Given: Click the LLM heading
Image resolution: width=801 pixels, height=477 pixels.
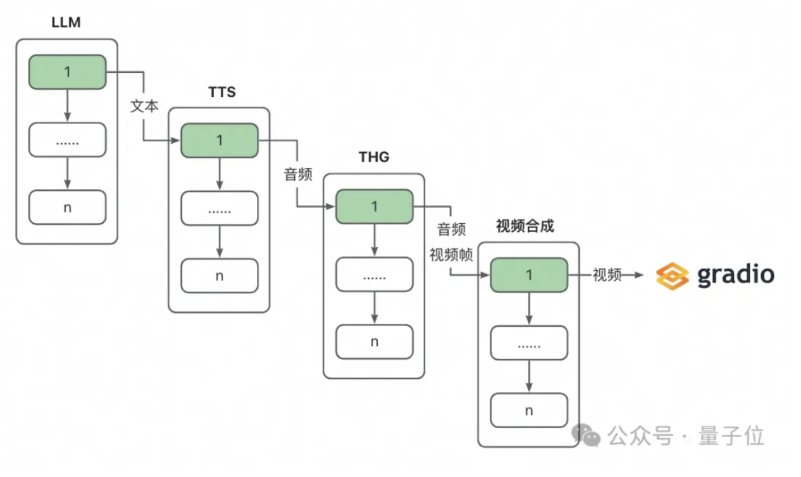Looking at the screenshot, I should tap(67, 24).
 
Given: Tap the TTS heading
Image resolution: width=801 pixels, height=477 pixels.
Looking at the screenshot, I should tap(222, 92).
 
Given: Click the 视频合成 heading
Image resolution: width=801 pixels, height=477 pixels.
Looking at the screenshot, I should tap(525, 226).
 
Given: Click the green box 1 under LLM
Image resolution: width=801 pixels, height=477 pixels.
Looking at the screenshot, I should tap(67, 72).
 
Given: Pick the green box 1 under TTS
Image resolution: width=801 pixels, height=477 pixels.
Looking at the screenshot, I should tap(220, 140).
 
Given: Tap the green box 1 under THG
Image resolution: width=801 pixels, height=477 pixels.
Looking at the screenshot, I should tap(374, 207).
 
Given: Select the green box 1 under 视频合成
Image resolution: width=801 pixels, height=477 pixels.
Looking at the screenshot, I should tap(529, 275).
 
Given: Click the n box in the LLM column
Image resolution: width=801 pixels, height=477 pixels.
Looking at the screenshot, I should tap(67, 207).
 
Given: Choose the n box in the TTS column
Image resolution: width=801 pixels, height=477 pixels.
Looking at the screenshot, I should tap(220, 276).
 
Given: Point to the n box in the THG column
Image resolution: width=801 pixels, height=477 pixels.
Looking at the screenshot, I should tap(374, 342).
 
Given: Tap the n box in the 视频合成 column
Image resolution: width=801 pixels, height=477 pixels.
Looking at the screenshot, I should tap(529, 410).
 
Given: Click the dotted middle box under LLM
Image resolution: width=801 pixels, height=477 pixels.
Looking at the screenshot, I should tap(67, 140).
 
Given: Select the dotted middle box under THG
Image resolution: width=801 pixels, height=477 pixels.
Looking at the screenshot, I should tap(374, 276).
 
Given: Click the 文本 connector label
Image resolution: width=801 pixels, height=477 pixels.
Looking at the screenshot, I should tap(144, 106).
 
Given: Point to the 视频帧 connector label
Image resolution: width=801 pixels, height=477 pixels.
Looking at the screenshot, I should tap(451, 255).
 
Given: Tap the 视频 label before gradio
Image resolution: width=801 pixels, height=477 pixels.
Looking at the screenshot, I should tap(607, 275).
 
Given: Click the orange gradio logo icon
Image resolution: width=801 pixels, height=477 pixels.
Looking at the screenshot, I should tap(672, 276).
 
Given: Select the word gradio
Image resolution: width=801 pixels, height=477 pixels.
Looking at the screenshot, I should tap(735, 275).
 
